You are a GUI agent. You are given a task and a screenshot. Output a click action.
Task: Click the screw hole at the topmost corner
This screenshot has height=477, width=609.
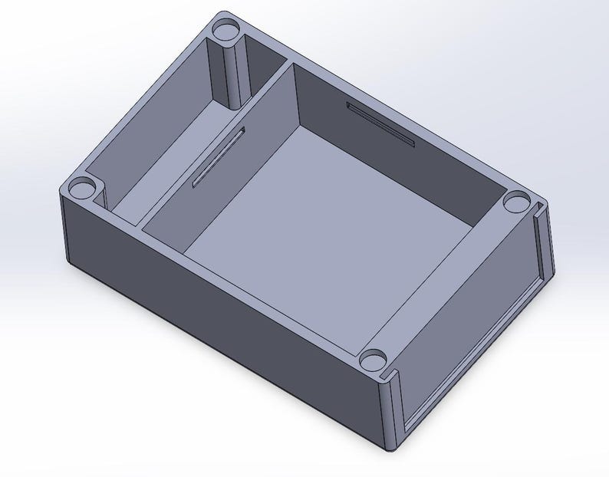225,31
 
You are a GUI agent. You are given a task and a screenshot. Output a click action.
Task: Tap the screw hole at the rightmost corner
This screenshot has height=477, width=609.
517,202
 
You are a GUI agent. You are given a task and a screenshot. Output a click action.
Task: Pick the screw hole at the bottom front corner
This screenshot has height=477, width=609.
373,359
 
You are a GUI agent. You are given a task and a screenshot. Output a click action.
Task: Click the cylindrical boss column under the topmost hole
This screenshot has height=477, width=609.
232,73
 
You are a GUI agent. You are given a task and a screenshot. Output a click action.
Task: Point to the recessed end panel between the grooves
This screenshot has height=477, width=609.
468,322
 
